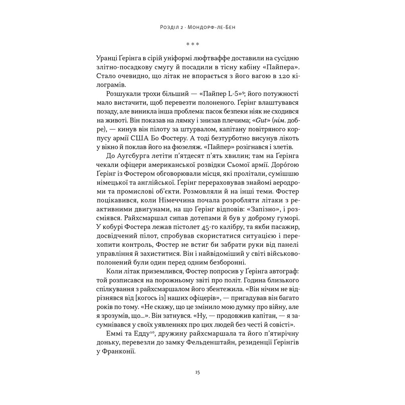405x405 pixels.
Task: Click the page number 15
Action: click(x=198, y=372)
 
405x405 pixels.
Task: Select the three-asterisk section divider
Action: click(x=193, y=44)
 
